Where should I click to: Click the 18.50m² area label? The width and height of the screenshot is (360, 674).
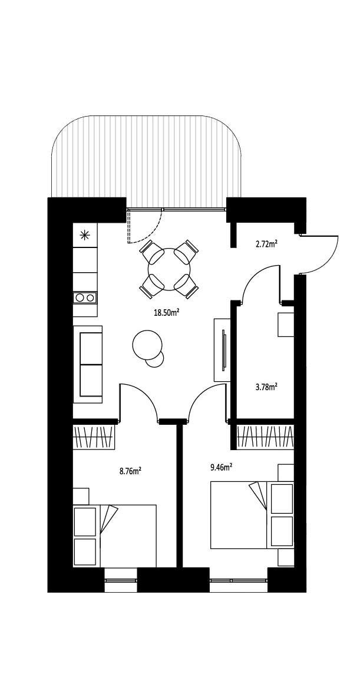[167, 313]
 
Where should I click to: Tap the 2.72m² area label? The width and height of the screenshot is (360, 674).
[266, 244]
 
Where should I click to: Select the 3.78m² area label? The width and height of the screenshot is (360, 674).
[266, 387]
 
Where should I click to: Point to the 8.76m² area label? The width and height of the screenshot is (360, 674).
[131, 471]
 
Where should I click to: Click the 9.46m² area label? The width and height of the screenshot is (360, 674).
[222, 467]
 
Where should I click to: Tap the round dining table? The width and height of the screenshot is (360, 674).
[169, 269]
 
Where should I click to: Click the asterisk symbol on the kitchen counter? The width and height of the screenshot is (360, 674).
[85, 234]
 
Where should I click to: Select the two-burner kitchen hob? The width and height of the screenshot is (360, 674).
[85, 298]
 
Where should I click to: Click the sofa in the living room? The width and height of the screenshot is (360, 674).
[88, 364]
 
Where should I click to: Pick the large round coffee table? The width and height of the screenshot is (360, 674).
[147, 345]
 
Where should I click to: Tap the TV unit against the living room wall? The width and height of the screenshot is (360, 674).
[222, 349]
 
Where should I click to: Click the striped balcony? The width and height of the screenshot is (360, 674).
[146, 161]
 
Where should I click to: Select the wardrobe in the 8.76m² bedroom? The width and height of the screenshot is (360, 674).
[94, 437]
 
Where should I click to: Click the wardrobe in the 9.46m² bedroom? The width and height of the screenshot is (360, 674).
[265, 437]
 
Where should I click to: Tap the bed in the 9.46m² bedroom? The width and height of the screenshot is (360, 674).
[252, 515]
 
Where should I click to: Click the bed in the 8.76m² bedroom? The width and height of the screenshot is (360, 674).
[114, 536]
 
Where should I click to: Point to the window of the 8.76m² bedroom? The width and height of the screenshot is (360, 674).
[121, 580]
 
